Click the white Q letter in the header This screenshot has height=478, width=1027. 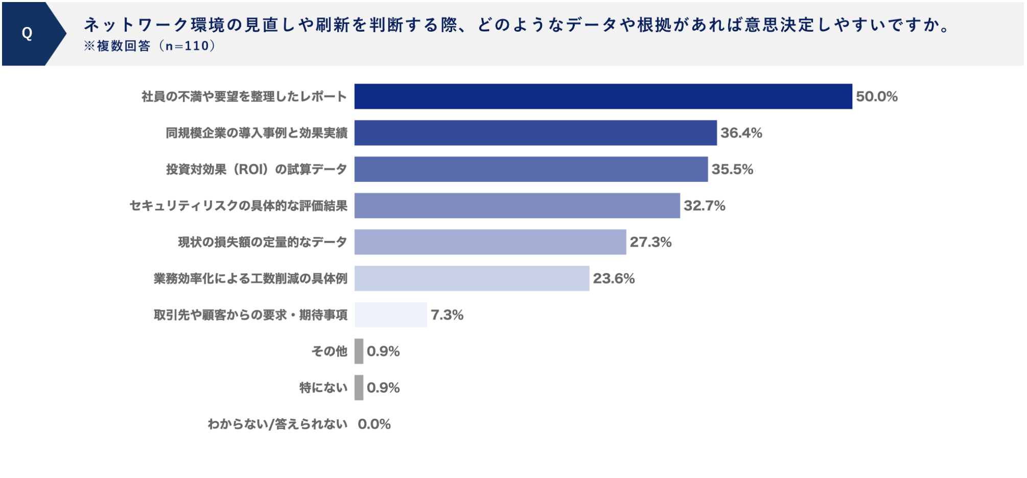tap(27, 34)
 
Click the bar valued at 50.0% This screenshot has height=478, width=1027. tap(603, 97)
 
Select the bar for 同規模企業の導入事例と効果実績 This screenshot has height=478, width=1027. tap(535, 133)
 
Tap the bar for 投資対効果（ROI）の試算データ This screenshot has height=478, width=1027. tap(531, 169)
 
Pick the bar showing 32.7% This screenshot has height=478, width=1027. tap(517, 205)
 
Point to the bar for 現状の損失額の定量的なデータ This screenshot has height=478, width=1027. tap(490, 242)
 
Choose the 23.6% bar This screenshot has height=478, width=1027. tap(472, 278)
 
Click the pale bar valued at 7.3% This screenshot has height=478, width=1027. tap(390, 315)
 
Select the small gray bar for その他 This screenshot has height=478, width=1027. tap(359, 351)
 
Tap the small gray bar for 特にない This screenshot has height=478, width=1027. tap(359, 388)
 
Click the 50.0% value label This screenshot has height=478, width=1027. tap(876, 97)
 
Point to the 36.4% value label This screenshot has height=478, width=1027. tap(741, 133)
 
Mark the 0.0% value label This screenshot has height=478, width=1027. tap(374, 424)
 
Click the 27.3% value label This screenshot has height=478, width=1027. tap(650, 242)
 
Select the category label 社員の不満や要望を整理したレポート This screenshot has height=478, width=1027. tap(244, 97)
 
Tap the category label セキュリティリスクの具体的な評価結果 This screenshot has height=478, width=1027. tap(238, 205)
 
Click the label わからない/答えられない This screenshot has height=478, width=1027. tap(277, 424)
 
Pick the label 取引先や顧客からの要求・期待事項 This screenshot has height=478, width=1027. tap(250, 315)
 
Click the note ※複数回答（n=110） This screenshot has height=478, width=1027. tap(150, 46)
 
